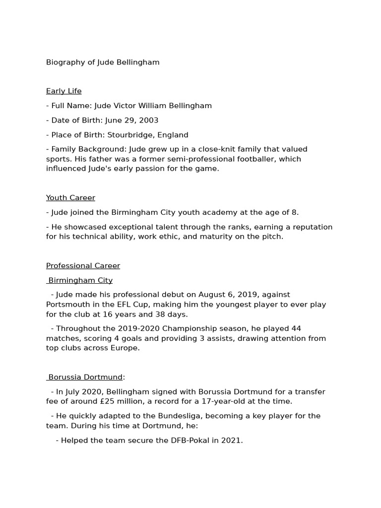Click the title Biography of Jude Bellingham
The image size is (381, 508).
103,63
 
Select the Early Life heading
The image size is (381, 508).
63,91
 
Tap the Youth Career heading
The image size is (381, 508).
70,198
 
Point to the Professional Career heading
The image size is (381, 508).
83,266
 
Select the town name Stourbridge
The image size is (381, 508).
130,135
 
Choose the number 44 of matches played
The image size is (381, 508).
296,329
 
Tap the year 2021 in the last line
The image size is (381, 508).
232,440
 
